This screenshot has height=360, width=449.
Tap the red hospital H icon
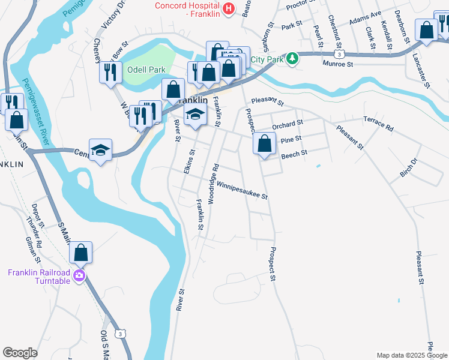pyautogui.click(x=228, y=8)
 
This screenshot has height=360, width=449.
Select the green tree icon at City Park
pyautogui.click(x=292, y=58)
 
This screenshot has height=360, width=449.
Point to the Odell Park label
pyautogui.click(x=146, y=70)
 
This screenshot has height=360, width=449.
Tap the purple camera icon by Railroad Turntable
pyautogui.click(x=79, y=276)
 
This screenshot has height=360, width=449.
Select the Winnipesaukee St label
pyautogui.click(x=242, y=190)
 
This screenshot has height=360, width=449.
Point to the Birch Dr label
pyautogui.click(x=408, y=169)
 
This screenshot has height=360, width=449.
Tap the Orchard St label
pyautogui.click(x=288, y=125)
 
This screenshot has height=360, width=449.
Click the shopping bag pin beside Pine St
pyautogui.click(x=264, y=144)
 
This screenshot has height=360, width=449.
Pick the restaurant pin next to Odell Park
pyautogui.click(x=110, y=73)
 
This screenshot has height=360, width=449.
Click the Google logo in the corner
pyautogui.click(x=20, y=353)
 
